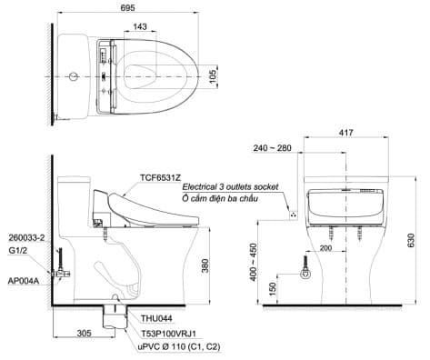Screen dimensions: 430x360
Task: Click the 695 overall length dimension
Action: click(x=127, y=8)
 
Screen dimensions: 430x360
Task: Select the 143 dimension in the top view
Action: click(x=140, y=26)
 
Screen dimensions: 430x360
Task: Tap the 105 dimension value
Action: click(x=213, y=76)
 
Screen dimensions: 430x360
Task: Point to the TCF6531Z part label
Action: click(x=160, y=177)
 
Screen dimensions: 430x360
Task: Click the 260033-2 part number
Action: click(x=26, y=238)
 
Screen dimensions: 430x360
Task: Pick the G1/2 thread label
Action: click(x=15, y=251)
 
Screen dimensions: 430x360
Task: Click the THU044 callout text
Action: click(x=156, y=318)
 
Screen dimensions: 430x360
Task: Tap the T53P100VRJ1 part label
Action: click(x=169, y=334)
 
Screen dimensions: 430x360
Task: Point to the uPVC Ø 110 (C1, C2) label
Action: click(x=179, y=347)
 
